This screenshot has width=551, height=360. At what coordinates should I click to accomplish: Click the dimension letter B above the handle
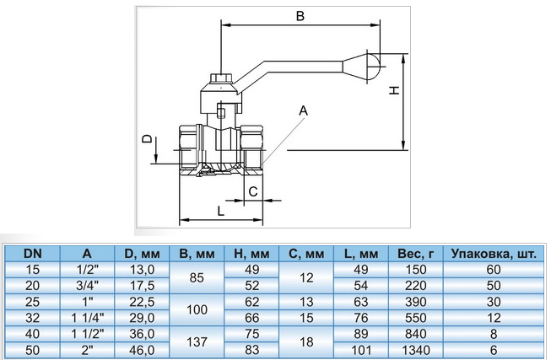(300, 16)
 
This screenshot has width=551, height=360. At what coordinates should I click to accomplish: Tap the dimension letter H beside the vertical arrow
(395, 90)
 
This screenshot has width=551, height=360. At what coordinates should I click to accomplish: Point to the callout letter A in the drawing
(303, 110)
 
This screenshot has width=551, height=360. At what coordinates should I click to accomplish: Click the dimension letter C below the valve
(253, 191)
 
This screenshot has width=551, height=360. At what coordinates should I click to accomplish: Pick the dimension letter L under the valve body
(220, 211)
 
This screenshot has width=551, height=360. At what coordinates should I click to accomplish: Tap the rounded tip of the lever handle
(374, 65)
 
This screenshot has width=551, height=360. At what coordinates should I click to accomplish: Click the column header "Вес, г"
(416, 254)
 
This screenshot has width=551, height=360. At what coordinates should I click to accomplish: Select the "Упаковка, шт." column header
(494, 254)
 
